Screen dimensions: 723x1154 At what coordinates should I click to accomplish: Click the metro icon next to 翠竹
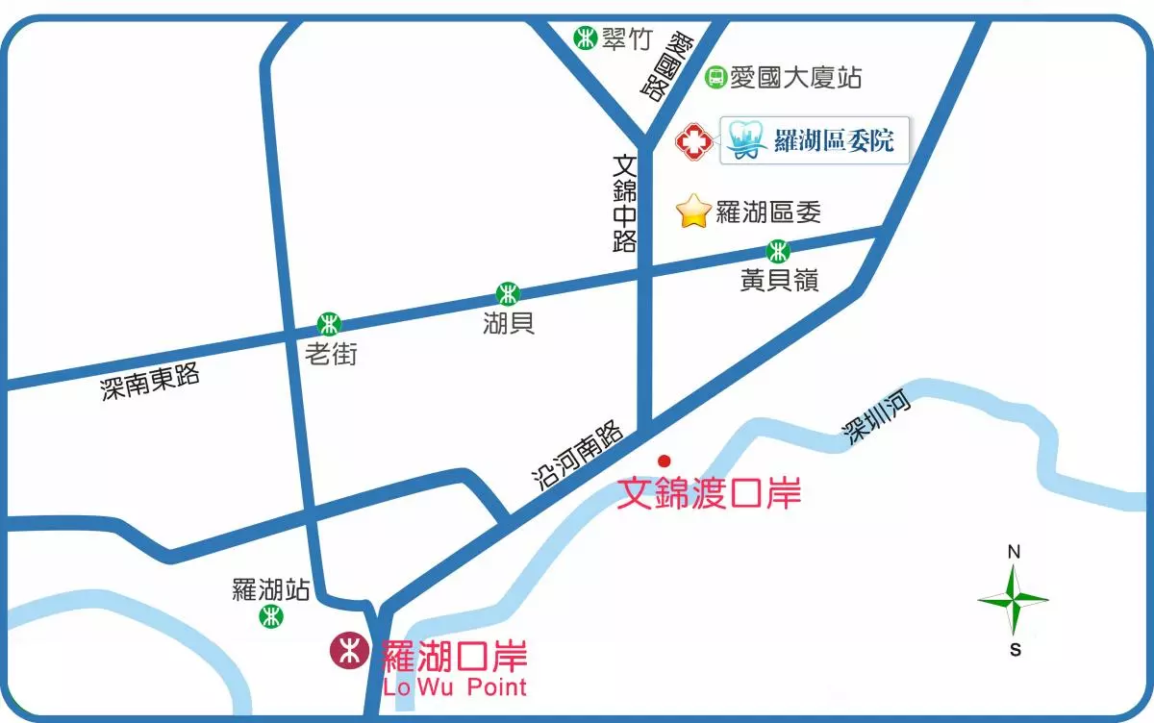[584, 38]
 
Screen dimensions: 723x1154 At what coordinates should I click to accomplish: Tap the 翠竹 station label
[627, 38]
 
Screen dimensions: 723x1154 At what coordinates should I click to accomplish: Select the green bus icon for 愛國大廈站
[715, 77]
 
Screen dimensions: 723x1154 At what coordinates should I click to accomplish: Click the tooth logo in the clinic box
[746, 140]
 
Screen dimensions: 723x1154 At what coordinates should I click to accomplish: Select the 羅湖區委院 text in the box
[834, 141]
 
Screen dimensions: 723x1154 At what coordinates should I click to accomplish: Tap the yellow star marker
[693, 212]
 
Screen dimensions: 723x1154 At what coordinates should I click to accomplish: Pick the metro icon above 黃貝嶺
[778, 252]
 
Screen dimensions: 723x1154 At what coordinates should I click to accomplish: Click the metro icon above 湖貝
[508, 293]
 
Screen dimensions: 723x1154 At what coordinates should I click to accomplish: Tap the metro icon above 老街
[330, 323]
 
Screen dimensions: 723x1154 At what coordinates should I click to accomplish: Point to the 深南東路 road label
[151, 382]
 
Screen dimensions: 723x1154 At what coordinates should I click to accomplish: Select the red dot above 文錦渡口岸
[664, 461]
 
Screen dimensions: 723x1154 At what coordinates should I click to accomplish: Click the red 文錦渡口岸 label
[709, 493]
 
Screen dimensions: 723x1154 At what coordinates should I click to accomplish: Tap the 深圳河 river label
[877, 419]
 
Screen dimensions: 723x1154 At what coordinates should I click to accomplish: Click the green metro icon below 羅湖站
[271, 617]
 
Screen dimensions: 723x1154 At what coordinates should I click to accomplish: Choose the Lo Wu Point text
[455, 686]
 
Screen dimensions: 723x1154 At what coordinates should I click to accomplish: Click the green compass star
[1014, 600]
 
